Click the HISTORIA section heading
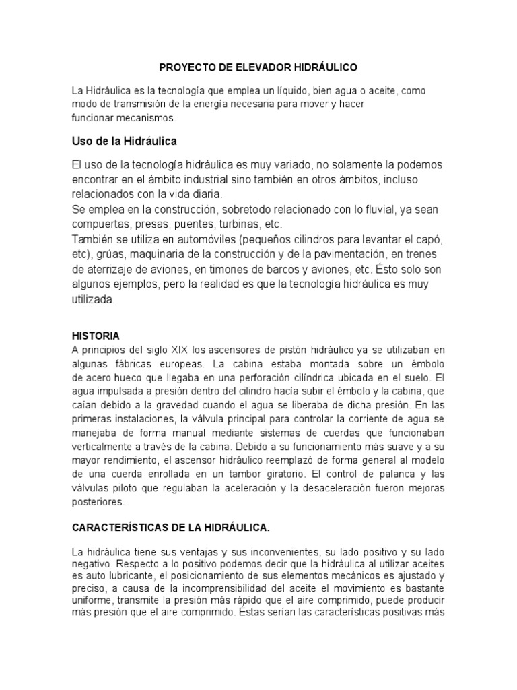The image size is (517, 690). (96, 335)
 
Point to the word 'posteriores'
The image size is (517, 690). (98, 502)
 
